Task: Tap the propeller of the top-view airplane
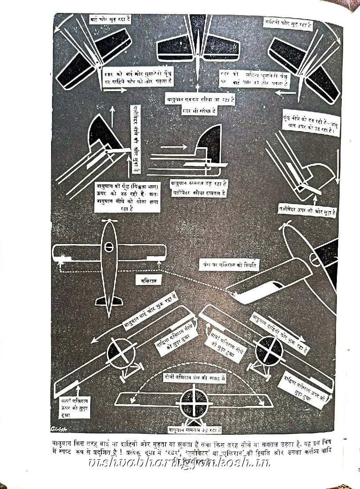109,221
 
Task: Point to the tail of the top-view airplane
109,301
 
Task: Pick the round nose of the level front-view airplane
194,403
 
